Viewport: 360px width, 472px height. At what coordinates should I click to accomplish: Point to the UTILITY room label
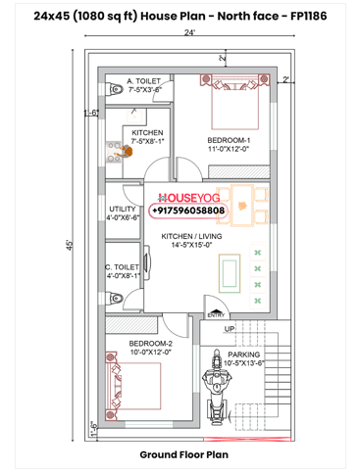[x=123, y=209]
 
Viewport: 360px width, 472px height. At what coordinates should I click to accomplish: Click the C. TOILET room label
[x=123, y=265]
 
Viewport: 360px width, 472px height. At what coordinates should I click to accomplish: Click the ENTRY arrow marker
[x=215, y=311]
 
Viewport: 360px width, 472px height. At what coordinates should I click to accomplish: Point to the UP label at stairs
[x=229, y=330]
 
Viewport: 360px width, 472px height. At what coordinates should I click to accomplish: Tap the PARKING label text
[x=243, y=354]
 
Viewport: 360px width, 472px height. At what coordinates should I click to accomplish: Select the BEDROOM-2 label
[x=150, y=344]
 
